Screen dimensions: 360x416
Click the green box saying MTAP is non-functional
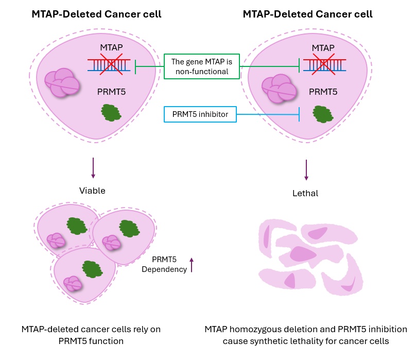(202, 66)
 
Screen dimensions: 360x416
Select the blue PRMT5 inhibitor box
(200, 114)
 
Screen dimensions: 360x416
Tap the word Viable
(92, 191)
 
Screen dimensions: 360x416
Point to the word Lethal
(305, 194)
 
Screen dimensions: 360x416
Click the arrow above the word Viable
(93, 168)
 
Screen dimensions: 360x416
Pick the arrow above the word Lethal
(306, 169)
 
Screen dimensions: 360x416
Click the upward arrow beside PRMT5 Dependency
(192, 265)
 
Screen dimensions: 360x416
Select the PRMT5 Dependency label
(164, 264)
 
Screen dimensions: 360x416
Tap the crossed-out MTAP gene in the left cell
(109, 65)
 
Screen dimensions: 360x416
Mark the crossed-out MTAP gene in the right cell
(324, 65)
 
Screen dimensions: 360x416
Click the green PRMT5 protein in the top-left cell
(111, 112)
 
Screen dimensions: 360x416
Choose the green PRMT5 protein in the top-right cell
(323, 114)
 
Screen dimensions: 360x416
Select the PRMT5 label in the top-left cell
(111, 93)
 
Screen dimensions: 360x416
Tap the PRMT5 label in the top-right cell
(323, 93)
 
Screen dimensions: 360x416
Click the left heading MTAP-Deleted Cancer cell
(96, 14)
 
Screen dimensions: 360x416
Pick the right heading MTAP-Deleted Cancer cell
(307, 14)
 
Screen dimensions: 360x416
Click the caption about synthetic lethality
(306, 335)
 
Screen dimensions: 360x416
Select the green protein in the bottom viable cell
(92, 269)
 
